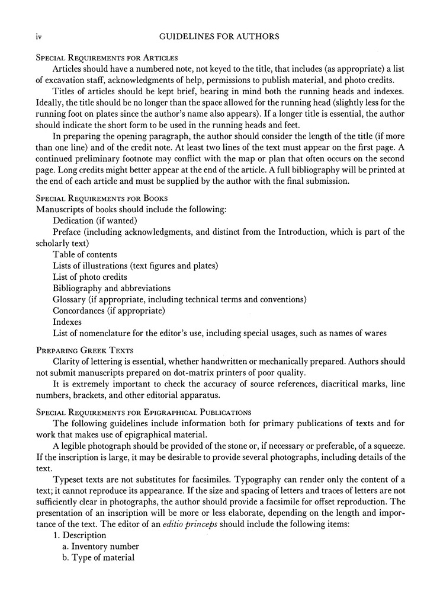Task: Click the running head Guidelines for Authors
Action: tap(220, 37)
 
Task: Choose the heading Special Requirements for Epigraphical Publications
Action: tap(144, 411)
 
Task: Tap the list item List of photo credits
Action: tap(90, 277)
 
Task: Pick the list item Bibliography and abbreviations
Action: tap(111, 288)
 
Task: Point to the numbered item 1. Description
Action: tap(80, 535)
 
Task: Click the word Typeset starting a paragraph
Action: tap(69, 479)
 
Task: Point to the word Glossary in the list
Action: tap(69, 299)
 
